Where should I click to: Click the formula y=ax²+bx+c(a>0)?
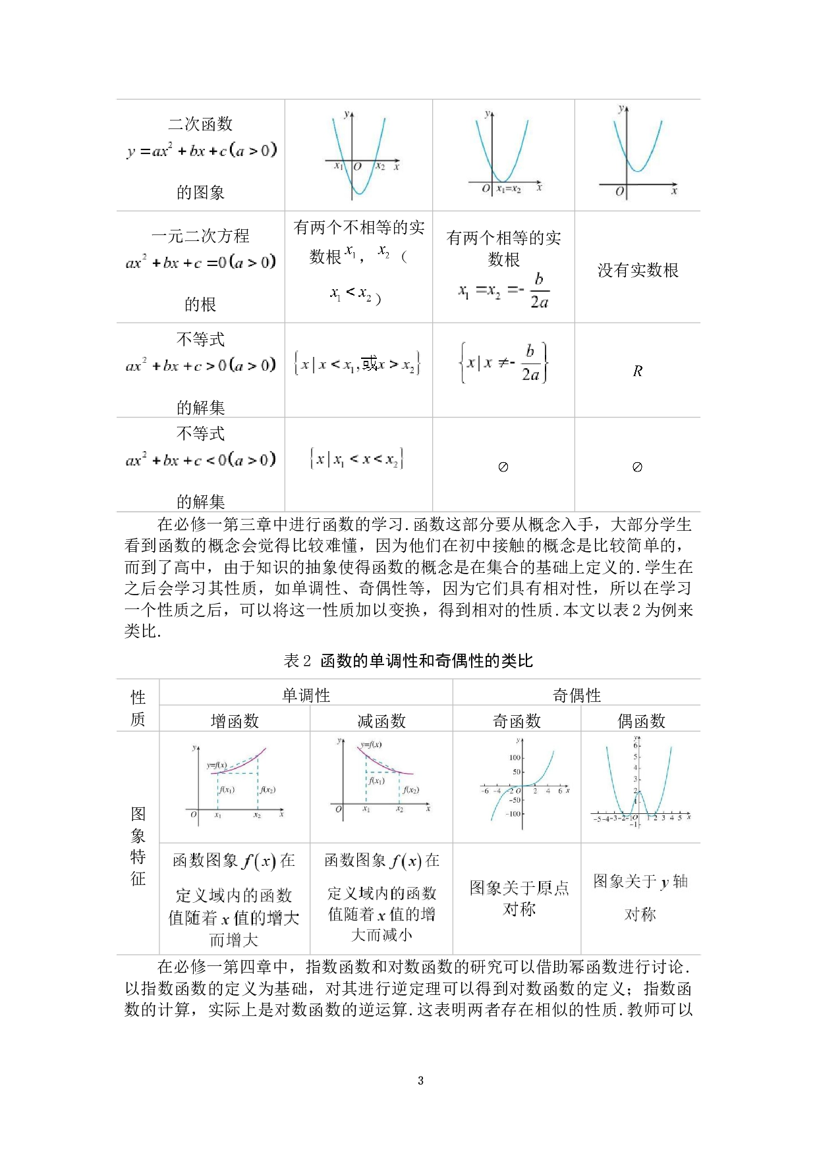point(200,151)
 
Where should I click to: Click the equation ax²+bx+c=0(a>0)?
point(200,263)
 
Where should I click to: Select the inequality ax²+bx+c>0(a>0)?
point(200,365)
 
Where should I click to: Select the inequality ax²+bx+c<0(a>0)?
point(200,460)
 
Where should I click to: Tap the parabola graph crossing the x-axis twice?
point(358,154)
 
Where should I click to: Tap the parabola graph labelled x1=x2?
point(503,152)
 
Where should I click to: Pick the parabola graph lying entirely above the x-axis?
point(637,154)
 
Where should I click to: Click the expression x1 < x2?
point(351,292)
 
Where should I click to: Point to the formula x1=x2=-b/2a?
point(503,290)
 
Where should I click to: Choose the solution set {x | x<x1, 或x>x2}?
point(358,364)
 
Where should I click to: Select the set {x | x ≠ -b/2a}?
point(503,363)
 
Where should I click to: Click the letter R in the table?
point(637,371)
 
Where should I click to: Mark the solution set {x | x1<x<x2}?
point(358,459)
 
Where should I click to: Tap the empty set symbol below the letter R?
point(637,467)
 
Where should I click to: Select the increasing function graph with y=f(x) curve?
point(235,782)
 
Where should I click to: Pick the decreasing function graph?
point(381,778)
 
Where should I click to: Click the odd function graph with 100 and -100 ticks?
point(517,784)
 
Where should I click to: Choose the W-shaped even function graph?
point(640,785)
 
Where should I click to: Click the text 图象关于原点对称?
point(517,898)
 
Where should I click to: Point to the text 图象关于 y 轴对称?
point(640,897)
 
